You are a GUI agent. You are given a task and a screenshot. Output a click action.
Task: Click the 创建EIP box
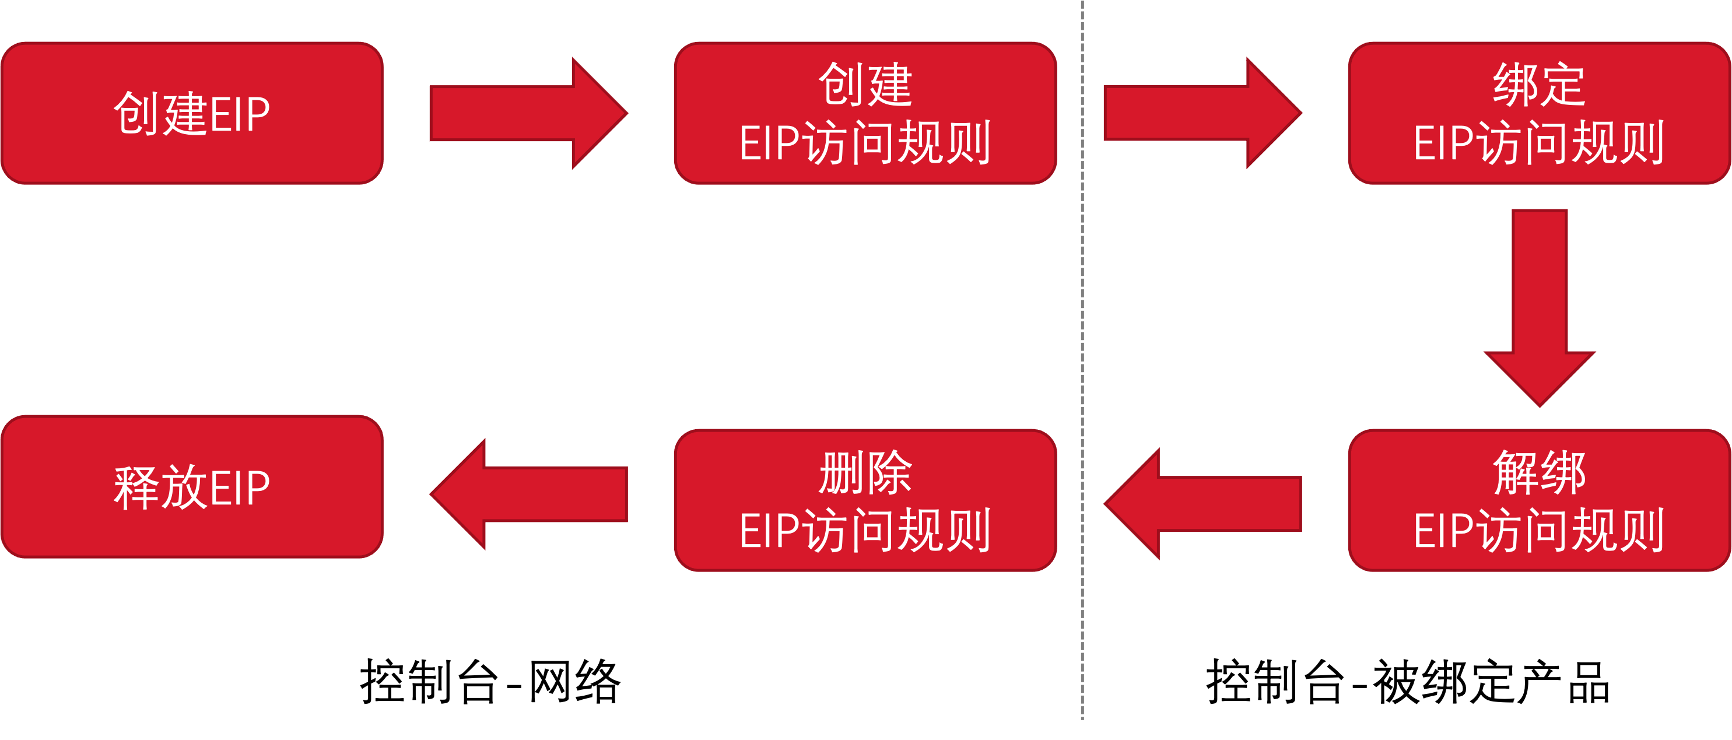click(x=192, y=113)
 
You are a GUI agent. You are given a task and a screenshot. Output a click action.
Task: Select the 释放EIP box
click(x=192, y=486)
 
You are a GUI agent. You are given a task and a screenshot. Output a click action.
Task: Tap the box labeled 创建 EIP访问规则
click(x=865, y=113)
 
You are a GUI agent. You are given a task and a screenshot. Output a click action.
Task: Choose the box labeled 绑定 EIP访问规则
click(x=1539, y=113)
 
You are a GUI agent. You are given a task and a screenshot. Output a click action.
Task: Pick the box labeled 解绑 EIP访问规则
click(x=1539, y=501)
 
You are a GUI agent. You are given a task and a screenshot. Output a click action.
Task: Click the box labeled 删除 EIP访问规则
click(x=865, y=501)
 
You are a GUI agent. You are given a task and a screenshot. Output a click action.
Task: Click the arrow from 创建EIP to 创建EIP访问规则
click(x=528, y=113)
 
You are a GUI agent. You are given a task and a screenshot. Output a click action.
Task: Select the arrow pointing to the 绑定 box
click(x=1202, y=113)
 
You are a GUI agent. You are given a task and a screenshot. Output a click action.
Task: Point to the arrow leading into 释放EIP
click(x=528, y=494)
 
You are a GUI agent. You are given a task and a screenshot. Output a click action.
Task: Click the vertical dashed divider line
click(x=1082, y=363)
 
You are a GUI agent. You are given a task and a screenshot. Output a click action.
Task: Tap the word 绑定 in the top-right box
click(x=1539, y=85)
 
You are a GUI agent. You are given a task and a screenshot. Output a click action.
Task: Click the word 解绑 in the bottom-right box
click(x=1539, y=472)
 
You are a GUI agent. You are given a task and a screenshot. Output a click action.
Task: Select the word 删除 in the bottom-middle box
click(x=865, y=472)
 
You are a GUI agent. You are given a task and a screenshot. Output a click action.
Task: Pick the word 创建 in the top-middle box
click(x=865, y=85)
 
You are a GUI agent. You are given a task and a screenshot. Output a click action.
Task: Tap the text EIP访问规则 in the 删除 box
click(x=865, y=530)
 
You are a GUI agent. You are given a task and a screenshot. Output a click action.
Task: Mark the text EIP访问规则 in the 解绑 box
click(x=1539, y=530)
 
